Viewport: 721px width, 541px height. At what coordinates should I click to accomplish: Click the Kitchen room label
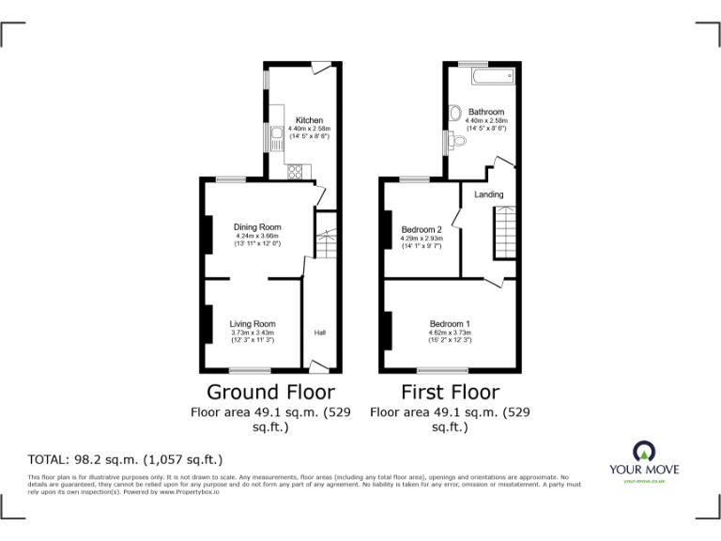point(309,120)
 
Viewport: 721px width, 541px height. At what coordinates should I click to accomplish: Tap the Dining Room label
point(257,227)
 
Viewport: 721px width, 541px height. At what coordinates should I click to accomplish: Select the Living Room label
point(253,324)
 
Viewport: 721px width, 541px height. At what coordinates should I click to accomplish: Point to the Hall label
point(319,332)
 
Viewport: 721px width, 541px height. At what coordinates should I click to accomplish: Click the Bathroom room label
point(486,112)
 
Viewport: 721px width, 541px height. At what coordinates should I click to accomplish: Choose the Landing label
point(488,194)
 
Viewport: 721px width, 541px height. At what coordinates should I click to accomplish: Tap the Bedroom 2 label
point(422,229)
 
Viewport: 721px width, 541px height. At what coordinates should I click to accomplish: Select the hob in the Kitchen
point(296,171)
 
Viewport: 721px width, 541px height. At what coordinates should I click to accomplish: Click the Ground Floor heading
point(270,392)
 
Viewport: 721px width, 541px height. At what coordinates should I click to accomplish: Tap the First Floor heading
point(450,392)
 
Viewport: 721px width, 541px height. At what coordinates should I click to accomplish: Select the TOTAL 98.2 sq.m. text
point(126,459)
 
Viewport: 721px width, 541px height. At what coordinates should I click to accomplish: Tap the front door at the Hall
point(319,367)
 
